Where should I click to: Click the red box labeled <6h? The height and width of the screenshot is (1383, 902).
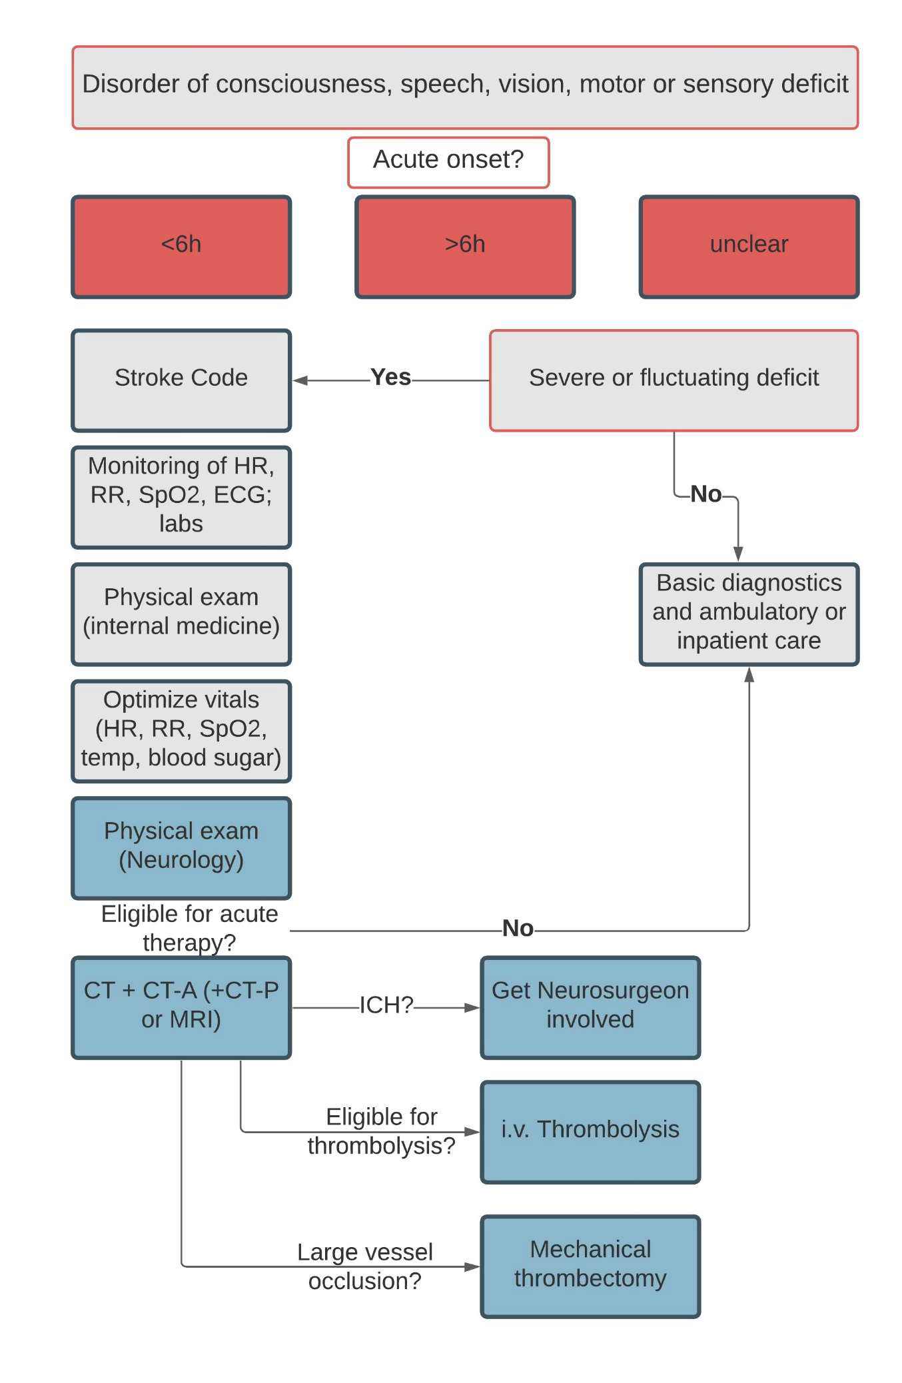tap(181, 246)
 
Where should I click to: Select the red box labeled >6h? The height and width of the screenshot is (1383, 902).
tap(465, 246)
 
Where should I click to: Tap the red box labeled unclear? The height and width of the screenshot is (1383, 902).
tap(749, 246)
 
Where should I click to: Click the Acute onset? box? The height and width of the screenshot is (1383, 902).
tap(448, 163)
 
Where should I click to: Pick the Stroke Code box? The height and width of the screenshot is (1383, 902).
tap(181, 380)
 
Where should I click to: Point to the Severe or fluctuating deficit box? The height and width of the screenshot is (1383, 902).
tap(674, 380)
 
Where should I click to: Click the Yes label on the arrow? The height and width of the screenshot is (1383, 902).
tap(390, 377)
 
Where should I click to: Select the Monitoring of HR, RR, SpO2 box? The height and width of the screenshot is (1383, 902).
tap(181, 498)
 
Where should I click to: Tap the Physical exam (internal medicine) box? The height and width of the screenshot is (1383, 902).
tap(181, 614)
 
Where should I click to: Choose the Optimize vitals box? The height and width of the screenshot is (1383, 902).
tap(181, 731)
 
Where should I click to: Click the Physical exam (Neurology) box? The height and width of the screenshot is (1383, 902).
tap(181, 848)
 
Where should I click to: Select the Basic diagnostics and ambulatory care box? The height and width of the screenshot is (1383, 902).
tap(749, 614)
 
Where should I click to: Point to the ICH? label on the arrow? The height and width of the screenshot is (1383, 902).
tap(386, 1005)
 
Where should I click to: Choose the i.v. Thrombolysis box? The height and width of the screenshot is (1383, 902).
tap(590, 1133)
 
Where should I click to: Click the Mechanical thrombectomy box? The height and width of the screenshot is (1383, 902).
tap(590, 1266)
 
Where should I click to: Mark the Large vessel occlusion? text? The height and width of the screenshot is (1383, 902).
tap(365, 1266)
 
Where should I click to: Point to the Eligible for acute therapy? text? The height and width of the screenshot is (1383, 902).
tap(189, 928)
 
